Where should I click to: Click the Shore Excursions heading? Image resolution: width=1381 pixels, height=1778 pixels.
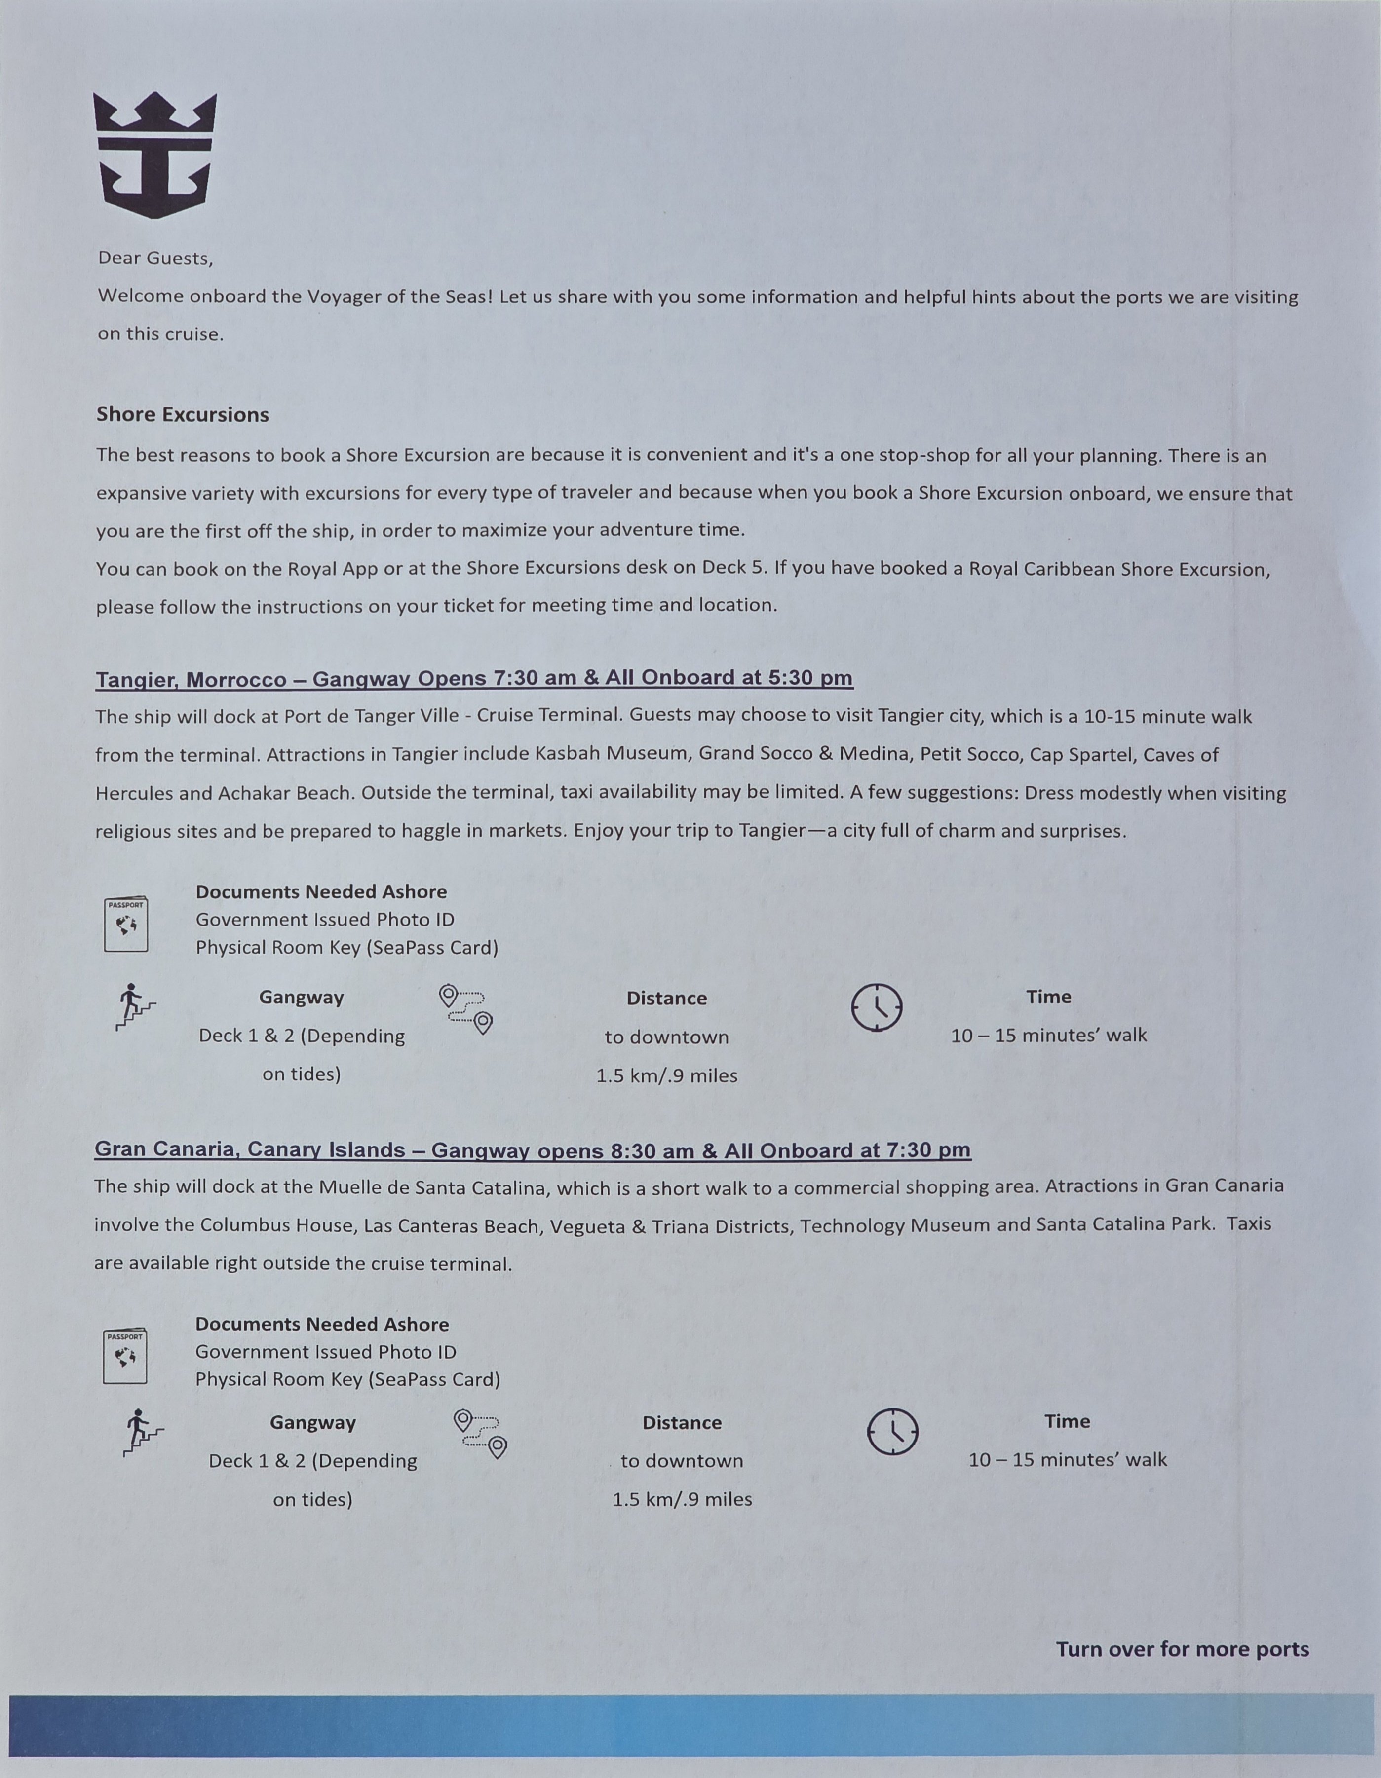[x=183, y=414]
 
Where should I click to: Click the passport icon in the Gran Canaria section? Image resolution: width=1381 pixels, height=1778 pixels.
[x=125, y=1356]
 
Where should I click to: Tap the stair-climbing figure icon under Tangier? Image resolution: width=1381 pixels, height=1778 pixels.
[x=134, y=1007]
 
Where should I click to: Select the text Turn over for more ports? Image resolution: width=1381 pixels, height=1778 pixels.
[x=1182, y=1649]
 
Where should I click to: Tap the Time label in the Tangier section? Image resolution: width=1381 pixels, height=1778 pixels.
[x=1049, y=997]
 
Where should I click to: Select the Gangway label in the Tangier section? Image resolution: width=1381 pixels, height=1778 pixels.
[x=301, y=997]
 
